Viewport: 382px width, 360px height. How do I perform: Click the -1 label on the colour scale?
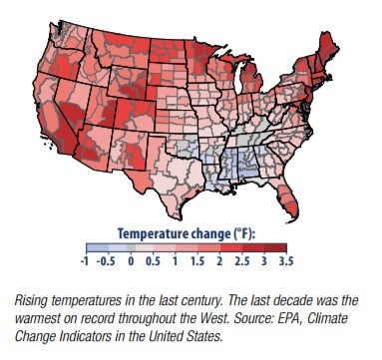click(85, 261)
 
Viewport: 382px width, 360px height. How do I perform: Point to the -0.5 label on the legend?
click(106, 261)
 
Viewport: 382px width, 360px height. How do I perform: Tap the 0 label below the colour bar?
click(131, 261)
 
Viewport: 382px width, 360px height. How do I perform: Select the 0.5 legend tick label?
click(153, 261)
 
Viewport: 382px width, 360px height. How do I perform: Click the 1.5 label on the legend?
click(197, 261)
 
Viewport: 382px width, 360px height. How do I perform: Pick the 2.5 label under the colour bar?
click(241, 261)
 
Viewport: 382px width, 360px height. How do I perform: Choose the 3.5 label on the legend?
click(286, 261)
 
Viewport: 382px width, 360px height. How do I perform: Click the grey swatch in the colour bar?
click(131, 248)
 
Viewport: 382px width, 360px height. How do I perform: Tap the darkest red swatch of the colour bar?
click(275, 248)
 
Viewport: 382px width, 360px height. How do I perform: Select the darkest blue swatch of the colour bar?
click(97, 248)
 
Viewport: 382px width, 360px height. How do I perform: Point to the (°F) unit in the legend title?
click(242, 233)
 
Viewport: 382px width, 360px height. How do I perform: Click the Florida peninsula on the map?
click(287, 201)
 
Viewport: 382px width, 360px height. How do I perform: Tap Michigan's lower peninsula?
click(251, 77)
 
